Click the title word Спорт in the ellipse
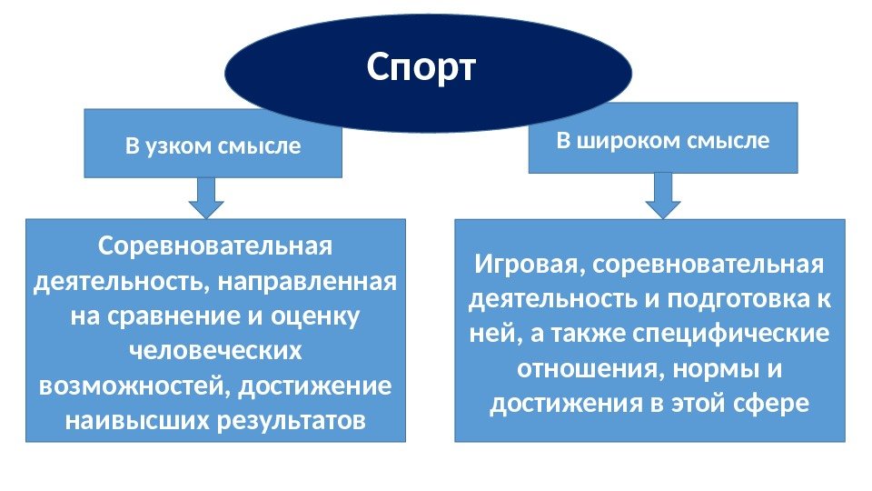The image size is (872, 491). coord(421,67)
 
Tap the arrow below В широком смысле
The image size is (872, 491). coord(664,195)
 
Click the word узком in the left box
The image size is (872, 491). coord(180,145)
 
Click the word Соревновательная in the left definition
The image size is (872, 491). coord(215,246)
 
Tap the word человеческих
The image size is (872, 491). coord(215,351)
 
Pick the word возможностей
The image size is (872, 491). coord(135,386)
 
